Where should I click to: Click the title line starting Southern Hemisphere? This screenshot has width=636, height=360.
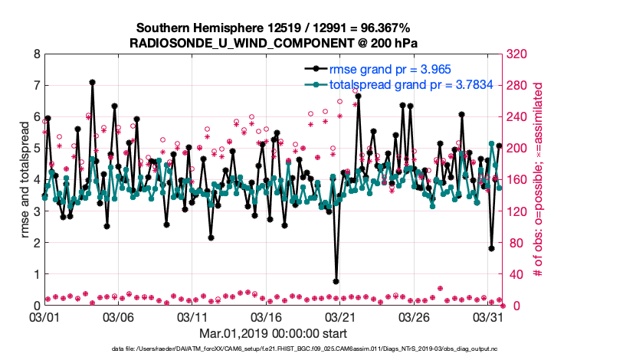pos(274,28)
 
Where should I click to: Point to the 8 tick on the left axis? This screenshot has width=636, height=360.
pos(36,54)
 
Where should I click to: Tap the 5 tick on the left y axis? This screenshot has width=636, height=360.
pos(36,149)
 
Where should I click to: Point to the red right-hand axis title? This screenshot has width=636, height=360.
pos(538,180)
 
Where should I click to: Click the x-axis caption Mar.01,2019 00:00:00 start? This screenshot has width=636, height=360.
pos(273,333)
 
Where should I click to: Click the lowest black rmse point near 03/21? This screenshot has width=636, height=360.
pos(336,281)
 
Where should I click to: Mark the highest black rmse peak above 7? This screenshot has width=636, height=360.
pos(92,82)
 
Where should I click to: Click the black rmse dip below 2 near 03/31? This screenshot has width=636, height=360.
pos(491,248)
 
